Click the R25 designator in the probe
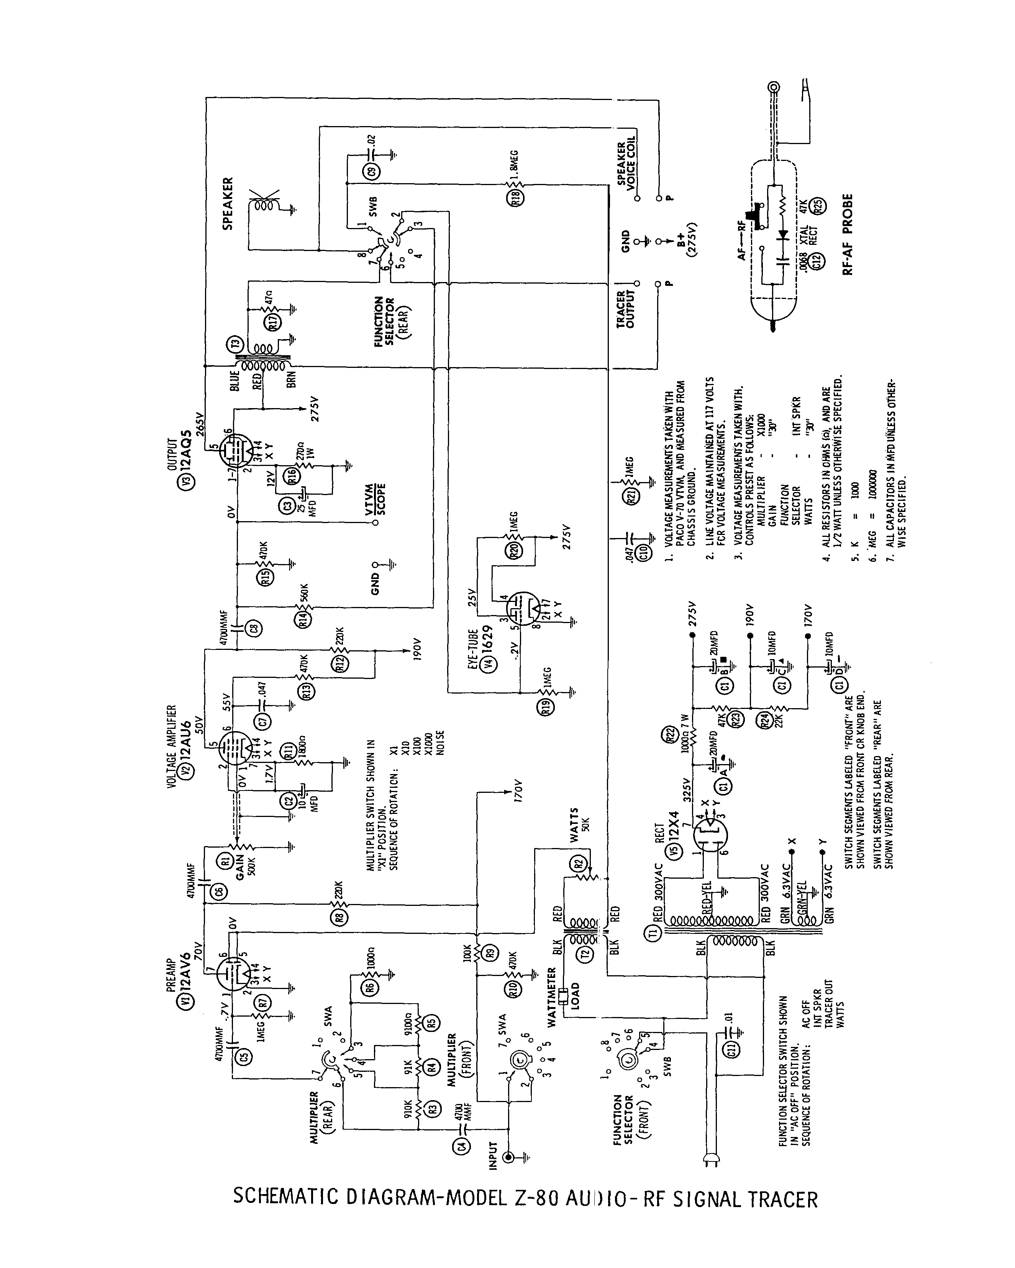818,206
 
